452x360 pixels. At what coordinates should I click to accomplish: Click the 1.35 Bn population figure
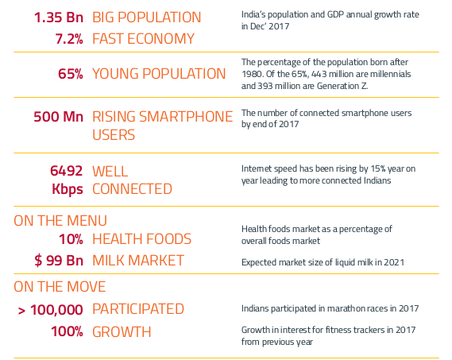(x=59, y=17)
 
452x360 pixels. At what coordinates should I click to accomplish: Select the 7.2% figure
(x=69, y=39)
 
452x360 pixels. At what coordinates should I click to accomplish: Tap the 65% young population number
(x=71, y=74)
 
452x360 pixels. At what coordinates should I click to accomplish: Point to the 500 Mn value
(x=59, y=117)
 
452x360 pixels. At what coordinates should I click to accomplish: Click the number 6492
(x=67, y=171)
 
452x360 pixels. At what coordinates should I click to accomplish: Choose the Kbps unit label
(x=68, y=189)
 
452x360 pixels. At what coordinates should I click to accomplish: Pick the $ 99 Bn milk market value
(x=59, y=261)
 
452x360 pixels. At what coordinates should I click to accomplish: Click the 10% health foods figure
(x=71, y=239)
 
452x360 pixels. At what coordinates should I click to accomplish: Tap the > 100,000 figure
(x=51, y=310)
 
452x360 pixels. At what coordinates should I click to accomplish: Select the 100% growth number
(x=68, y=331)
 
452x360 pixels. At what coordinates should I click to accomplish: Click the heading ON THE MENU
(x=60, y=221)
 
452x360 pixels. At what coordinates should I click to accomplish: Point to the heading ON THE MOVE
(x=60, y=287)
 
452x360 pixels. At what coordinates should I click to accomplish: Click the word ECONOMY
(x=160, y=39)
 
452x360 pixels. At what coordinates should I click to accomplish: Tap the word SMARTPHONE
(x=186, y=117)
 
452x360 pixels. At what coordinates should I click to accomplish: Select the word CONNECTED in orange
(x=132, y=189)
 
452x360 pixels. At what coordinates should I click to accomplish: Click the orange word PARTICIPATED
(x=138, y=309)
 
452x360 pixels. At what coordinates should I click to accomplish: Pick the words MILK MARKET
(x=138, y=261)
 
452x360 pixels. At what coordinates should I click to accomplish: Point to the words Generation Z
(x=342, y=86)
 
